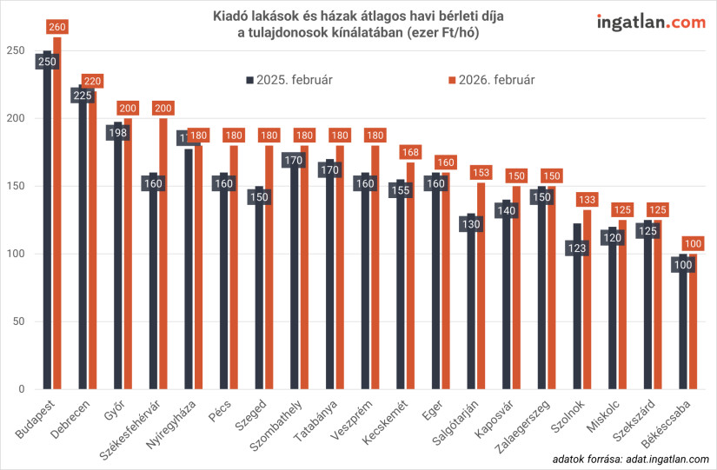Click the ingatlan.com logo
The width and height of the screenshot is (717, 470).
click(651, 23)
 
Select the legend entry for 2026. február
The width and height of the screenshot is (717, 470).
click(492, 80)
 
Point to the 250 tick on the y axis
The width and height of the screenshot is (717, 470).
click(13, 50)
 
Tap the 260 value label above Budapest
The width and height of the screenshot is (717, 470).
click(57, 28)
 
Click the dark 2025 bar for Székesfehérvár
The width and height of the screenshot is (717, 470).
click(153, 287)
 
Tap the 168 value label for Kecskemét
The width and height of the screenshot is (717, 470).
click(411, 153)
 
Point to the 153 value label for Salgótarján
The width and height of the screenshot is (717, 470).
click(482, 173)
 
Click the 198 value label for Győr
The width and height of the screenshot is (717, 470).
click(117, 133)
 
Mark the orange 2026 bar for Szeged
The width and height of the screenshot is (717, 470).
click(269, 269)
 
